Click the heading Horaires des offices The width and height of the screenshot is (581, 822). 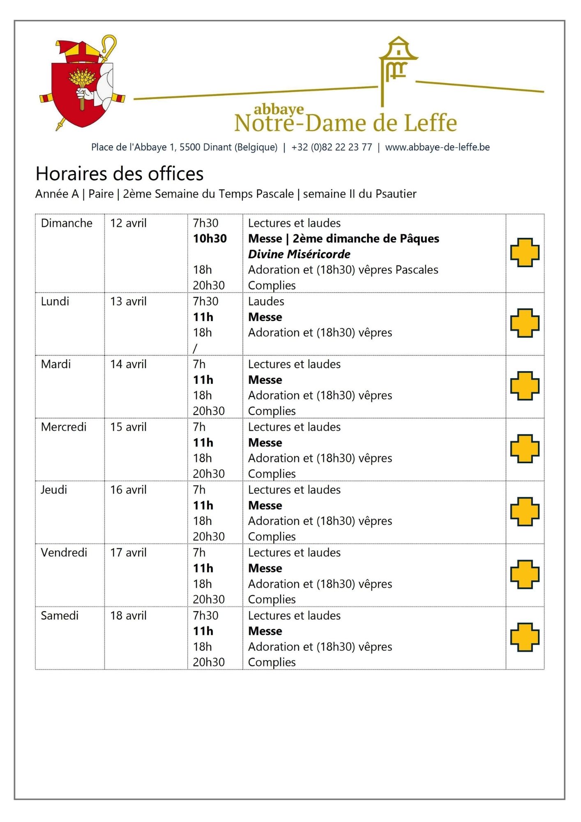tap(120, 174)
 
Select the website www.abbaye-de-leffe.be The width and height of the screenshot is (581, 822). tap(437, 147)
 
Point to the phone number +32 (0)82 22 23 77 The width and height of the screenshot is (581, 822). tap(332, 147)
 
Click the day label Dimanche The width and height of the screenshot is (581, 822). tap(67, 223)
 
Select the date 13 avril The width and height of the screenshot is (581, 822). tap(128, 302)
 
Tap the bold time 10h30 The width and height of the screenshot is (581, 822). tap(210, 239)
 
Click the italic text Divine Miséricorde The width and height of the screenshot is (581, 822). tap(299, 254)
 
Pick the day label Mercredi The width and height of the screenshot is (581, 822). tap(64, 427)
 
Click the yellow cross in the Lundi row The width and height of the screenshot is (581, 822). tap(525, 323)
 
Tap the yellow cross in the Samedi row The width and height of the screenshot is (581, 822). tap(525, 637)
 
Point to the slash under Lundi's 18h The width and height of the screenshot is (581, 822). tap(195, 349)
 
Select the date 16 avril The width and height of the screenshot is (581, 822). tap(128, 490)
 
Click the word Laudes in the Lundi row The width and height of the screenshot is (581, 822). tap(266, 302)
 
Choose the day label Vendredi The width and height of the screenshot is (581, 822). tap(64, 553)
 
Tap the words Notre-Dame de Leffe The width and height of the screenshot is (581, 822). tap(346, 123)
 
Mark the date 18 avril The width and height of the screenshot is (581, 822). tap(128, 616)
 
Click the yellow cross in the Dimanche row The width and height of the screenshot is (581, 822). tap(525, 252)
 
